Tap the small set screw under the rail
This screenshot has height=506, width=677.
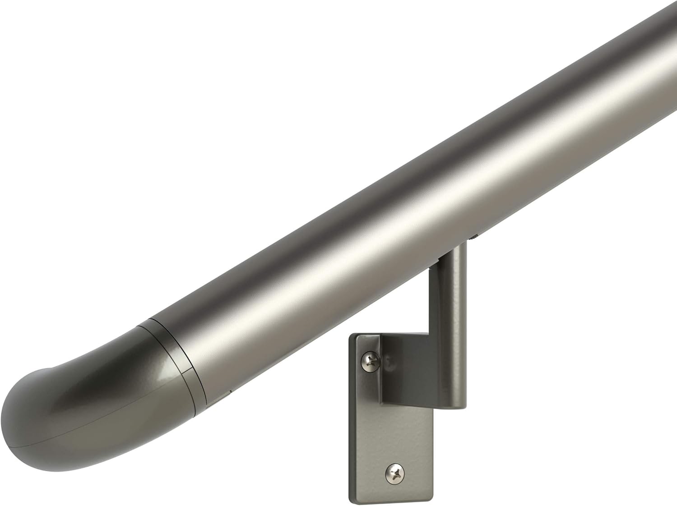coord(475,235)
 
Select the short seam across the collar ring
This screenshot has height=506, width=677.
coord(185,371)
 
